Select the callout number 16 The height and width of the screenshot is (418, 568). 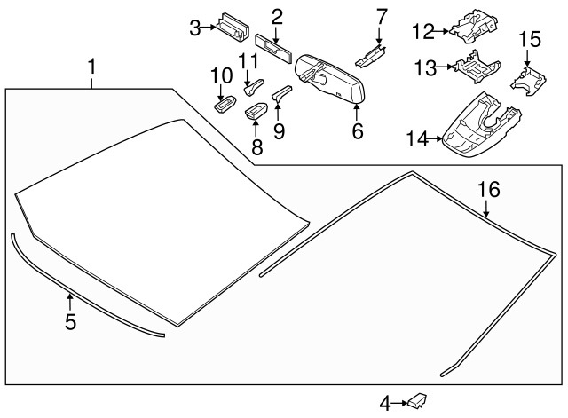(x=489, y=189)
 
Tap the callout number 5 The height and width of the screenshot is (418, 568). (x=70, y=321)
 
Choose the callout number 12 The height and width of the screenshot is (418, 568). (x=422, y=32)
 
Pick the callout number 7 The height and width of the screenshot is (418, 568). (x=382, y=15)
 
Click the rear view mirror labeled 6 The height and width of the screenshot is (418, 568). (x=330, y=81)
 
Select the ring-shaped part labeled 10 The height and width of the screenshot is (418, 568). (x=221, y=104)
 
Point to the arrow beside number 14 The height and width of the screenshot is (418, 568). (x=438, y=138)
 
